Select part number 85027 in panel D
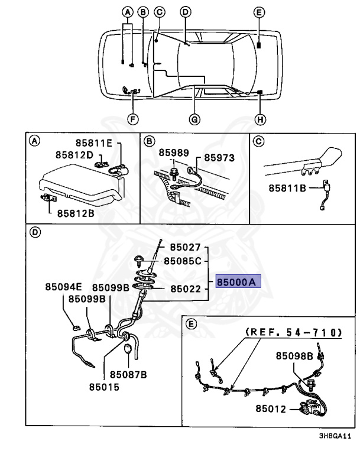pyautogui.click(x=186, y=247)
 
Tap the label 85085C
pyautogui.click(x=183, y=260)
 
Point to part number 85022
pyautogui.click(x=186, y=289)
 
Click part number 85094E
pyautogui.click(x=62, y=287)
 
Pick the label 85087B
pyautogui.click(x=127, y=374)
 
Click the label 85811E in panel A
pyautogui.click(x=98, y=143)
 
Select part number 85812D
pyautogui.click(x=75, y=155)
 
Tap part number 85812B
pyautogui.click(x=76, y=213)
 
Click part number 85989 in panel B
pyautogui.click(x=174, y=153)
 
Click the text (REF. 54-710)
pyautogui.click(x=294, y=333)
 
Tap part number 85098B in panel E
pyautogui.click(x=294, y=356)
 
